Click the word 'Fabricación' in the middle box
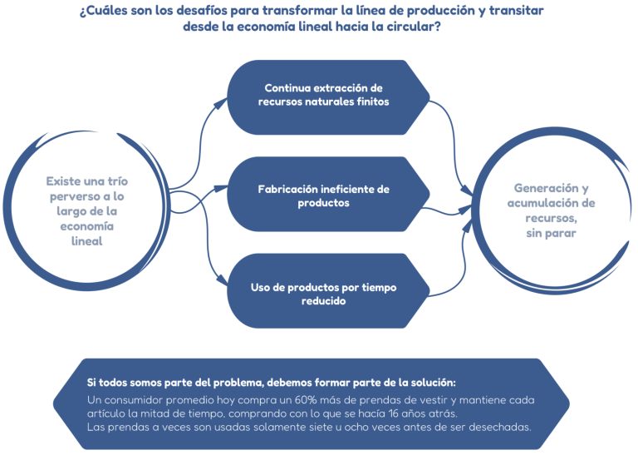coord(287,189)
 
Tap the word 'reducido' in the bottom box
coord(324,301)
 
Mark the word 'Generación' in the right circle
coord(543,188)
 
